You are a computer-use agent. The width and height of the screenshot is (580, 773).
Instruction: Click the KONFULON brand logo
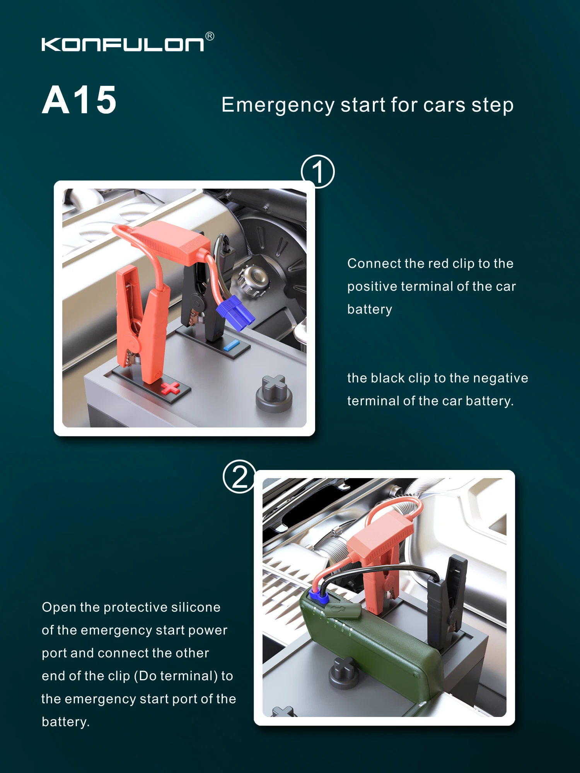(123, 44)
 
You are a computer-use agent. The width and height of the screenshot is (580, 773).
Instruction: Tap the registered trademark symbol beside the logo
(210, 36)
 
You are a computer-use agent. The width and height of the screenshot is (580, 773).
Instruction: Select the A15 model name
(79, 100)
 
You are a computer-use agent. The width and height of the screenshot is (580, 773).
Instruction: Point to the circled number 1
(318, 172)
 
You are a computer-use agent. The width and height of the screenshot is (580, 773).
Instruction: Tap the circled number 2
(240, 477)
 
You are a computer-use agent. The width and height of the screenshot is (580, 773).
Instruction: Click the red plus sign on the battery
(170, 388)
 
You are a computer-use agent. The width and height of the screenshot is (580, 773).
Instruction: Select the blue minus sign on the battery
(231, 345)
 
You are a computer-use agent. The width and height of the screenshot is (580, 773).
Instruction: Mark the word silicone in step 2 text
(196, 607)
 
